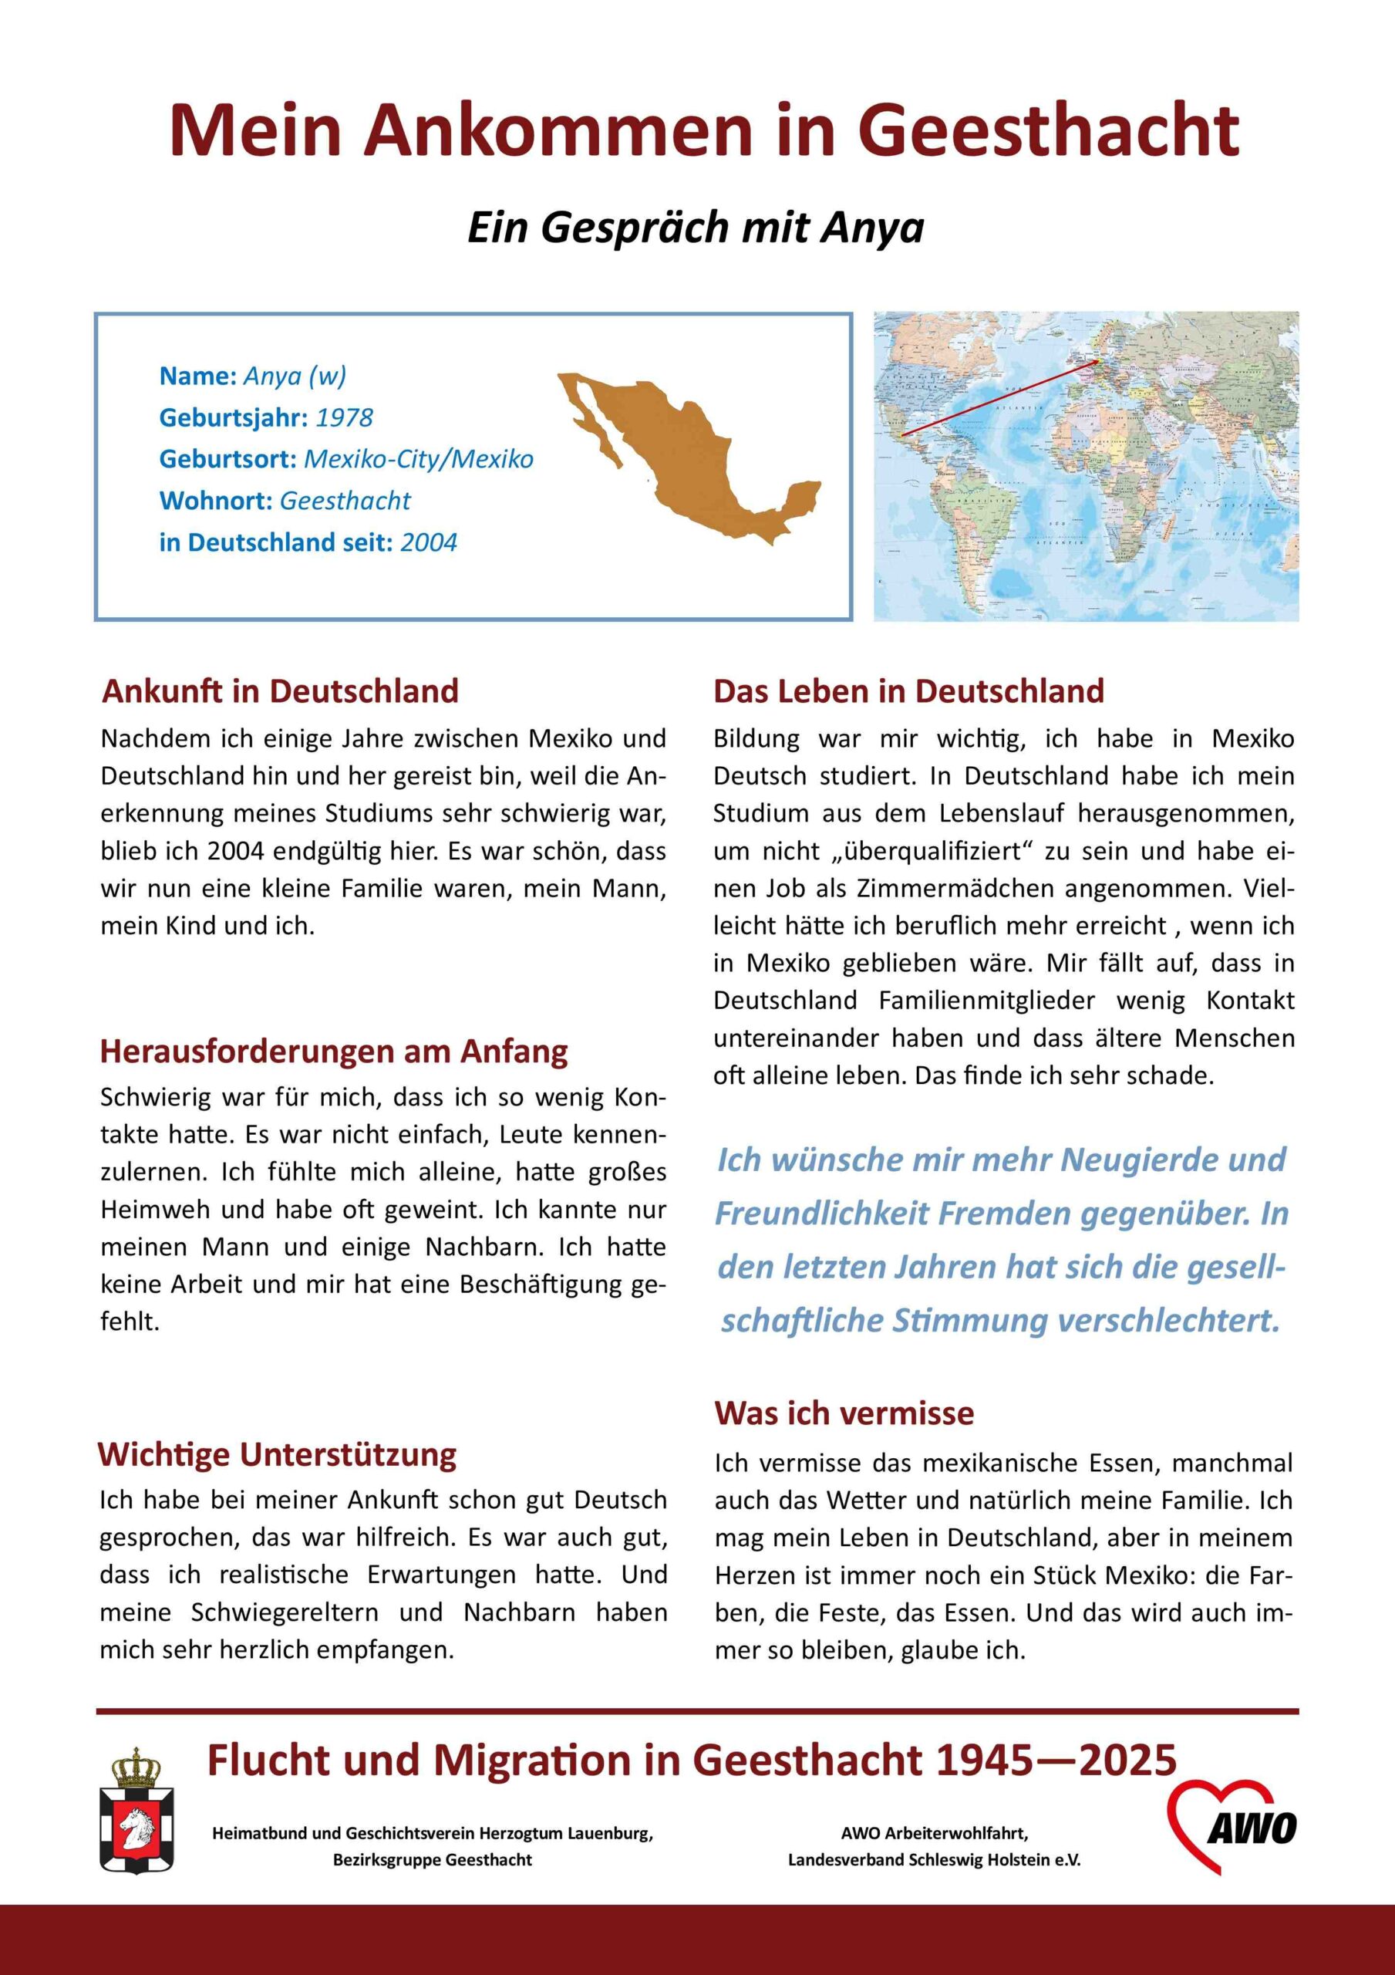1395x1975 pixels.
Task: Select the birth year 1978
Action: click(344, 418)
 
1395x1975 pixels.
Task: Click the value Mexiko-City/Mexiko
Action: click(419, 459)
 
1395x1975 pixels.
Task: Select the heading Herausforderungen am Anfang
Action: click(334, 1052)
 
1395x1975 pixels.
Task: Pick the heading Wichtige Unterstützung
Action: click(277, 1454)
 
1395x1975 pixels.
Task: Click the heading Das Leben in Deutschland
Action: click(908, 691)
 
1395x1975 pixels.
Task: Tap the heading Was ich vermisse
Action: click(844, 1413)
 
